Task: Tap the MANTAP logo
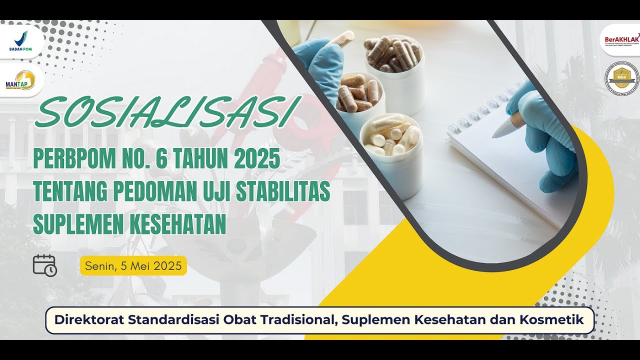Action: coord(20,80)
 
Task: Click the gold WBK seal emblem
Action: coord(621,78)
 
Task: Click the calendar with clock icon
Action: coord(44,265)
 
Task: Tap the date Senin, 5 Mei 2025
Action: coord(133,266)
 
